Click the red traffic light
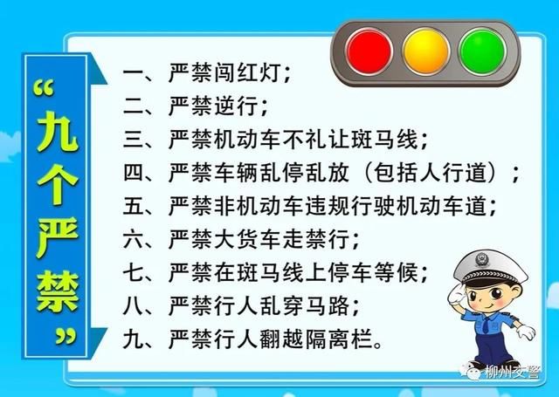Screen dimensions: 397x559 (x=369, y=50)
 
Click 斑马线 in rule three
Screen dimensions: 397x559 (x=390, y=140)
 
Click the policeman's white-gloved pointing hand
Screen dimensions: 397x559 (x=522, y=331)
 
